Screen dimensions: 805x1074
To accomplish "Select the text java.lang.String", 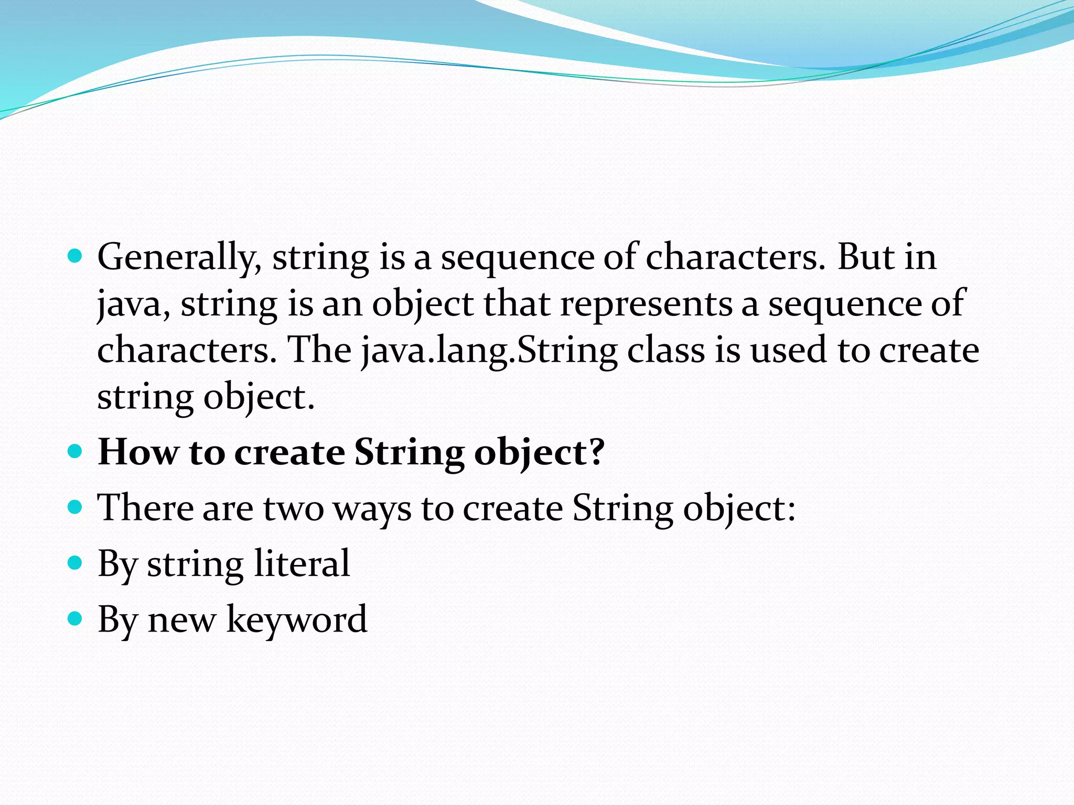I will [x=490, y=350].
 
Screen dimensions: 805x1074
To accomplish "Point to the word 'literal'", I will [x=302, y=563].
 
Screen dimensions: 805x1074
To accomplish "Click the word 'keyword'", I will [x=297, y=620].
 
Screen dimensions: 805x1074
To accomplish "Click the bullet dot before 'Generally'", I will [x=76, y=256].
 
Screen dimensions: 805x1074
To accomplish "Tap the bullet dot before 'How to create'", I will [x=76, y=451].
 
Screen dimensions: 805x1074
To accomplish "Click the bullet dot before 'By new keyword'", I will [x=76, y=619].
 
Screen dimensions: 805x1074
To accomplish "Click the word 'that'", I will [x=517, y=304].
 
